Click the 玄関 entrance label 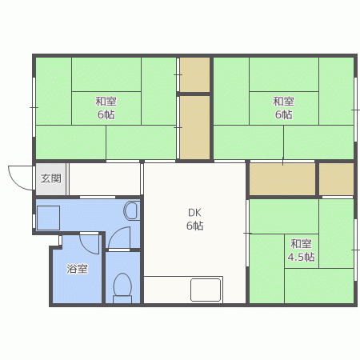point(51,178)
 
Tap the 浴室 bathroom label point(77,269)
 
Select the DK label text point(194,213)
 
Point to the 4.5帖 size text point(301,257)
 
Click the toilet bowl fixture point(122,287)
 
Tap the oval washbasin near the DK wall point(131,211)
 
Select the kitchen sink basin point(206,290)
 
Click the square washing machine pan point(48,218)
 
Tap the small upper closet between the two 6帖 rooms point(194,74)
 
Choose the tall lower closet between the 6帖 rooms point(194,127)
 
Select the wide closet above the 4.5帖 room point(282,179)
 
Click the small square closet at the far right point(336,179)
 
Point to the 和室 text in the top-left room point(106,102)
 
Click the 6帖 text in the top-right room point(283,114)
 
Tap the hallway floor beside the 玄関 point(105,179)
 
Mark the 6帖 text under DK point(194,226)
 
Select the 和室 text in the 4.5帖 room point(301,244)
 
